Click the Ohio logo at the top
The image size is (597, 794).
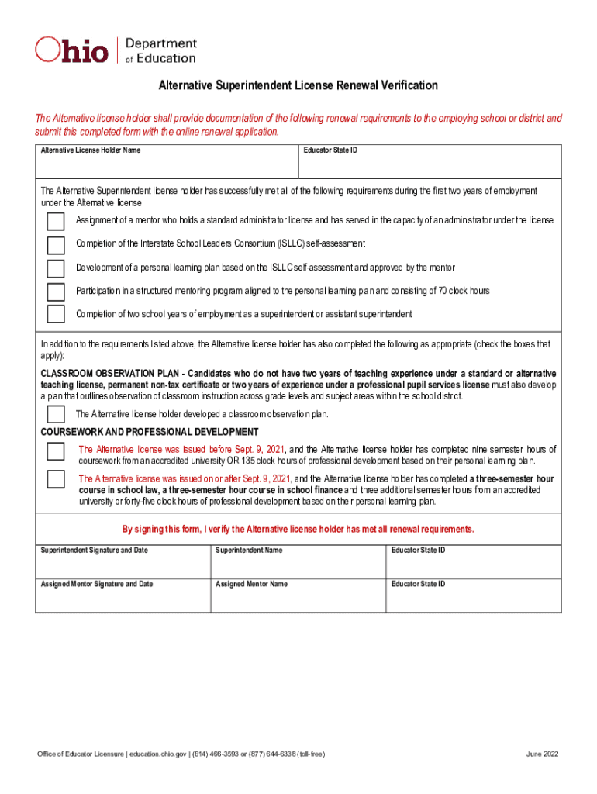pyautogui.click(x=72, y=50)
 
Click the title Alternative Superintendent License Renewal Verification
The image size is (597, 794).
pyautogui.click(x=298, y=85)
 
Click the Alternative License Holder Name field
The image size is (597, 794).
pyautogui.click(x=167, y=165)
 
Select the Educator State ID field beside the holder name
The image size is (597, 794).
pyautogui.click(x=430, y=165)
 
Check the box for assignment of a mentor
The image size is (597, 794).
pyautogui.click(x=56, y=222)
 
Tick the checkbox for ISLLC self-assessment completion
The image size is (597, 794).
pyautogui.click(x=56, y=245)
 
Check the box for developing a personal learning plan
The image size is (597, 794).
pyautogui.click(x=56, y=268)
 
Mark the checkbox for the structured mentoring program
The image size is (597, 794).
pyautogui.click(x=56, y=292)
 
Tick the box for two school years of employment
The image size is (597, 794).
pyautogui.click(x=56, y=314)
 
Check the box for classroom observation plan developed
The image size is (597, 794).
pyautogui.click(x=56, y=414)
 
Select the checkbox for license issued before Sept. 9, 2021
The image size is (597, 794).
pyautogui.click(x=56, y=452)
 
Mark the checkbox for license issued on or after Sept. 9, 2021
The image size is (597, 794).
pyautogui.click(x=56, y=479)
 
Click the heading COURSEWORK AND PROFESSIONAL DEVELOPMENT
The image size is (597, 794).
pyautogui.click(x=150, y=432)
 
